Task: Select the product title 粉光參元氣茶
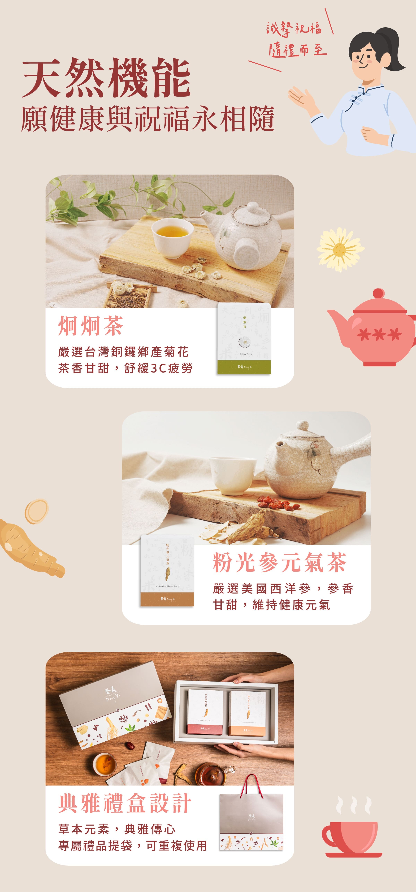click(x=279, y=563)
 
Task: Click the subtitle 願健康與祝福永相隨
click(x=148, y=119)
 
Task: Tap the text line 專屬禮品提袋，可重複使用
click(x=132, y=846)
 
